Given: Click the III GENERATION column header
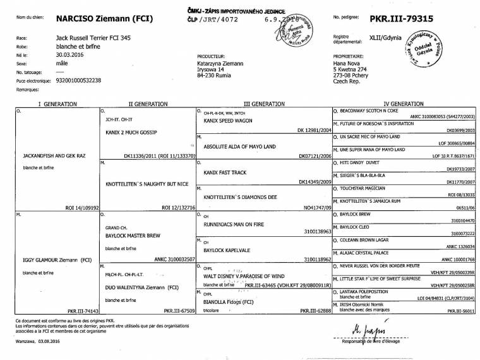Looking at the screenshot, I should (x=261, y=102).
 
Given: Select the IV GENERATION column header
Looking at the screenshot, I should (x=404, y=102).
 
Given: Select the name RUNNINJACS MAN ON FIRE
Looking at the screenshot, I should (x=233, y=224).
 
